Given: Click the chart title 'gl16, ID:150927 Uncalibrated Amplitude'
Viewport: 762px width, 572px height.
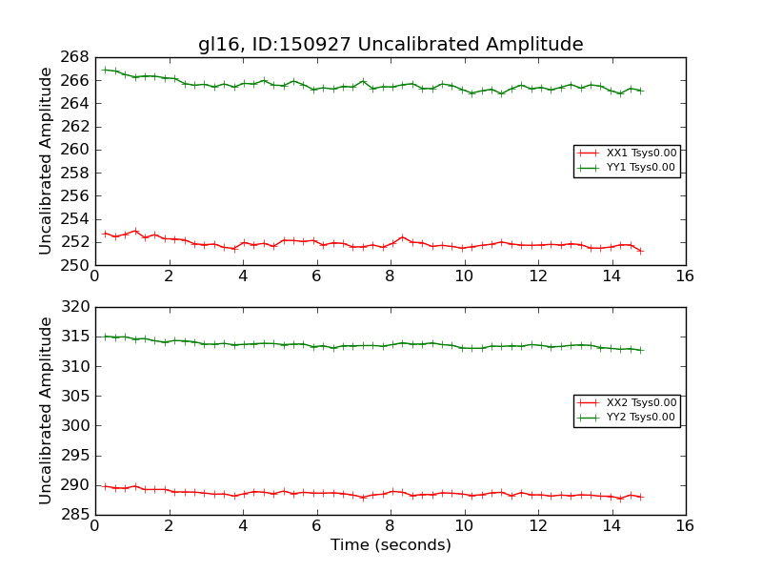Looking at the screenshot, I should pyautogui.click(x=391, y=44).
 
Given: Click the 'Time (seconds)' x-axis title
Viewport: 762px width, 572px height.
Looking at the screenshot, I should pyautogui.click(x=391, y=545).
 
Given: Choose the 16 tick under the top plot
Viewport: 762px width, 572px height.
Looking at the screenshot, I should pyautogui.click(x=684, y=276).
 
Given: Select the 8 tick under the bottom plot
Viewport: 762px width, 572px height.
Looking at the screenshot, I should pyautogui.click(x=390, y=526).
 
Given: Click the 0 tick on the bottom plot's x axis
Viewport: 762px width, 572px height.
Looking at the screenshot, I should pyautogui.click(x=94, y=526).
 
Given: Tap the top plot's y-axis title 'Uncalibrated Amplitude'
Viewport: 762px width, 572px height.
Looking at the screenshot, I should pyautogui.click(x=46, y=161).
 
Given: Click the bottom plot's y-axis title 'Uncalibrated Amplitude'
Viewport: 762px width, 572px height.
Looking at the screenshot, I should pyautogui.click(x=46, y=411).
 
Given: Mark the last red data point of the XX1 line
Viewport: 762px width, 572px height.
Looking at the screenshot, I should pyautogui.click(x=640, y=251).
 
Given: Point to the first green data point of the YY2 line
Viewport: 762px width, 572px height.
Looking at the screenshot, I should pyautogui.click(x=105, y=337).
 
